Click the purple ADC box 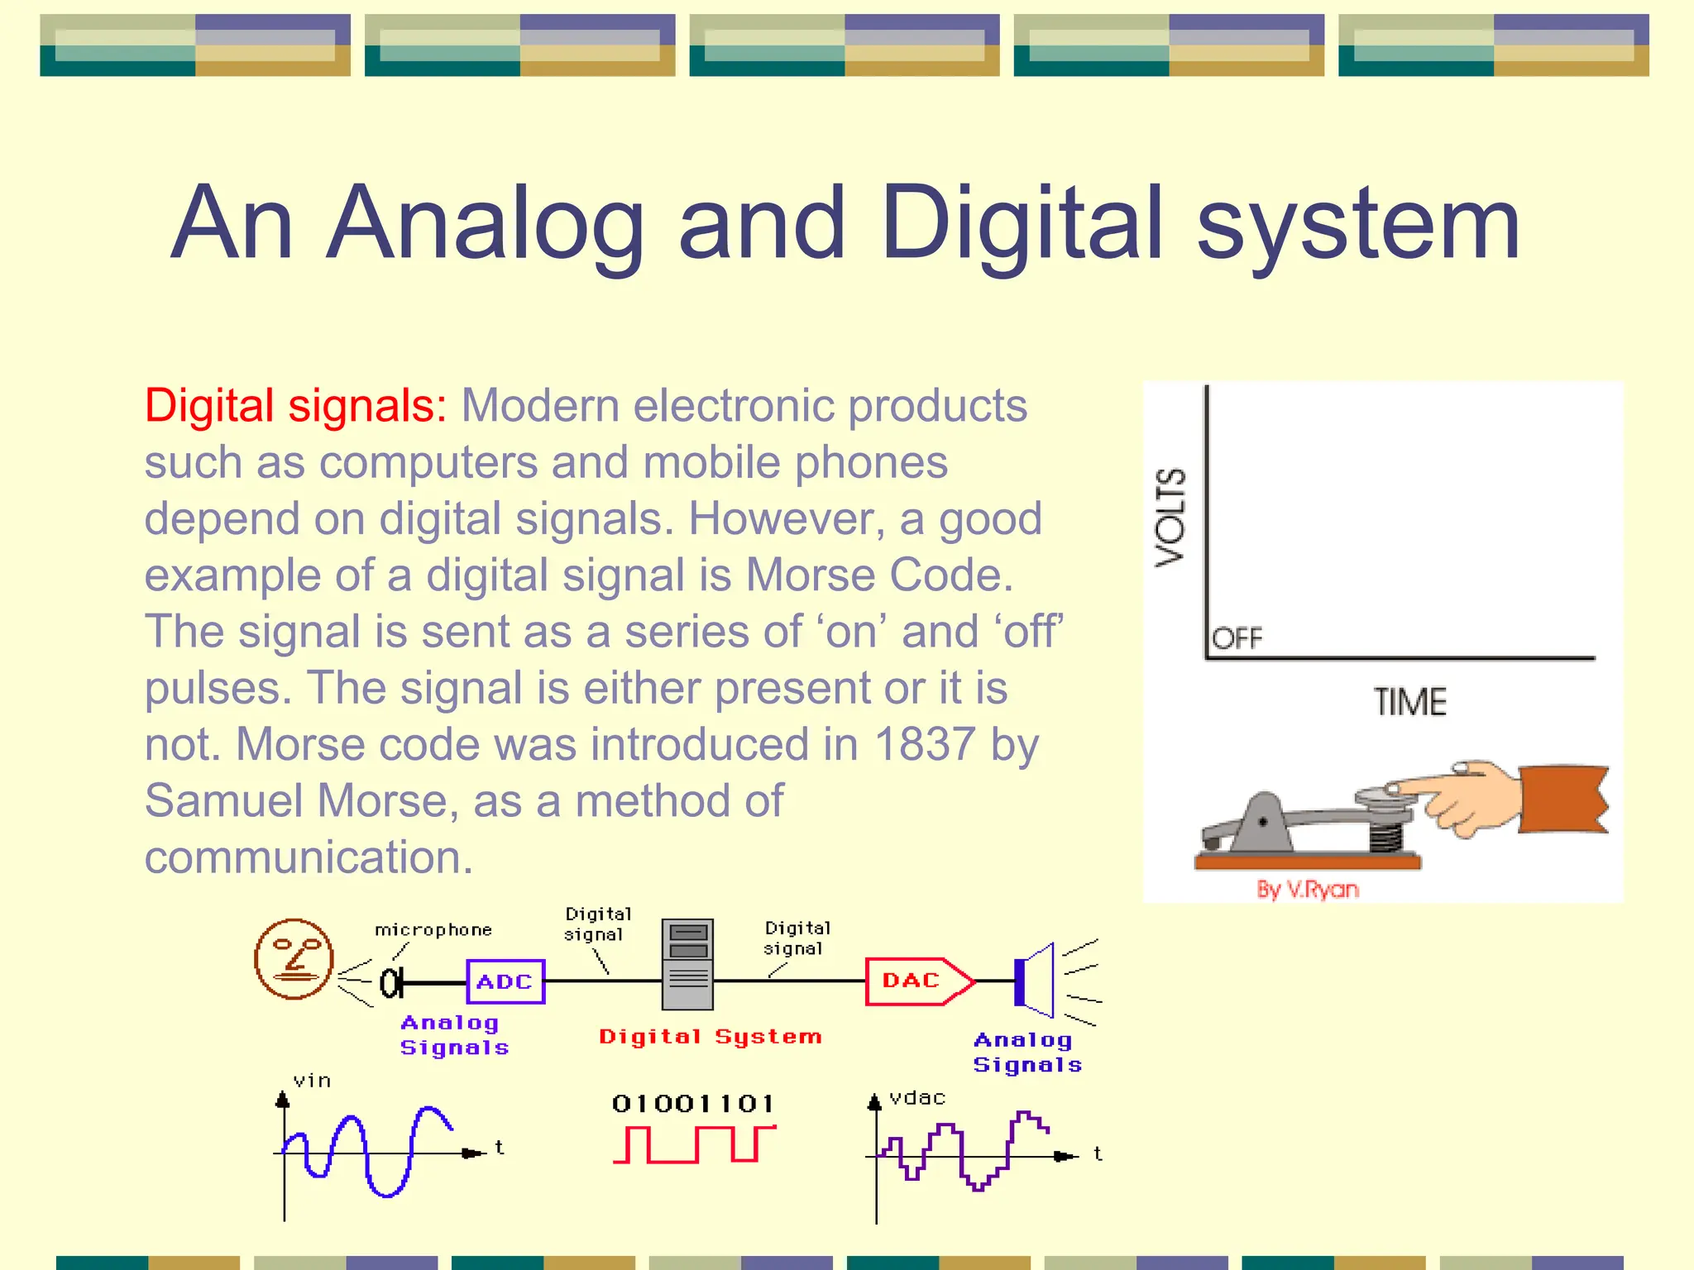[505, 981]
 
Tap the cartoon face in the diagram [294, 959]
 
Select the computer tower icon [687, 964]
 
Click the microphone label [433, 930]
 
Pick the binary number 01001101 [693, 1104]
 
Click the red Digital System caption [711, 1037]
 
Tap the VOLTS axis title [1170, 518]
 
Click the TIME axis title [1410, 702]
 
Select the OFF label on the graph [1237, 638]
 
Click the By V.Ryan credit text [1308, 890]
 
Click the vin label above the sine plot [312, 1081]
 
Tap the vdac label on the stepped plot [916, 1098]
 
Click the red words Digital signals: [295, 406]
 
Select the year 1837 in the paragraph [924, 744]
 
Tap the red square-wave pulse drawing [693, 1144]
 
